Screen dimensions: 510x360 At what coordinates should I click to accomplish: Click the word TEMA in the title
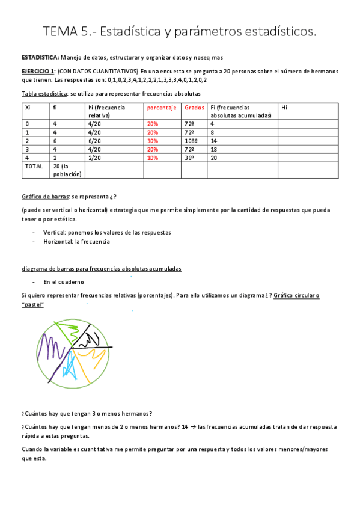61,31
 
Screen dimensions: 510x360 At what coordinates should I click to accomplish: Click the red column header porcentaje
162,108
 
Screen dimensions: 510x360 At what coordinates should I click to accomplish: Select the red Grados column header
194,108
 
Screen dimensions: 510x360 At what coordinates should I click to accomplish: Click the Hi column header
284,108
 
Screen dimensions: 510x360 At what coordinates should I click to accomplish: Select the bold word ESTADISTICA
40,57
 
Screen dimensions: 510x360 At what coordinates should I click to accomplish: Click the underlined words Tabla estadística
44,94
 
